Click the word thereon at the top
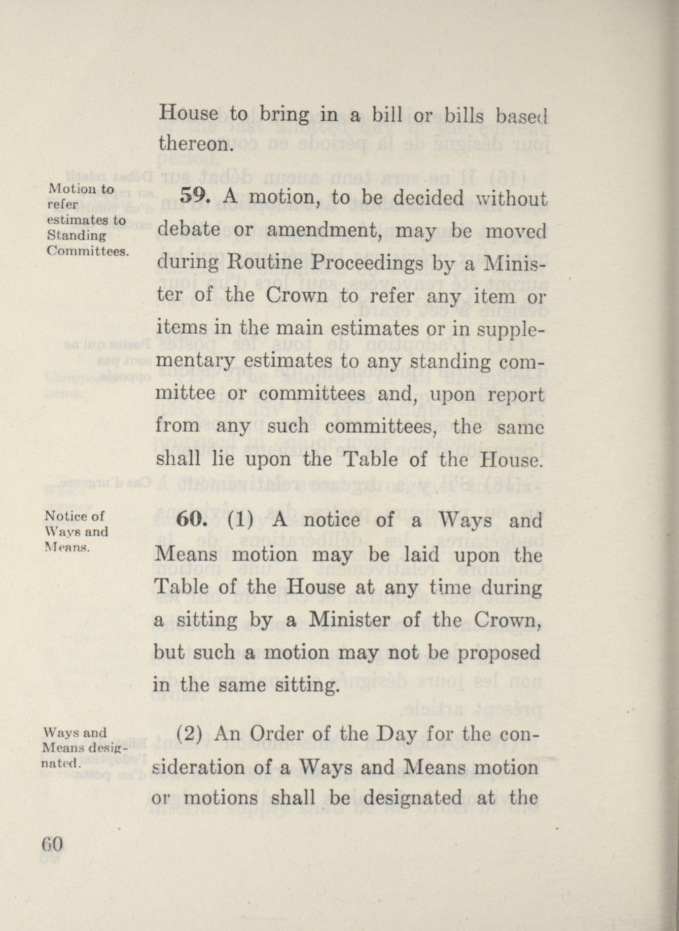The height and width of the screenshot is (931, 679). (192, 145)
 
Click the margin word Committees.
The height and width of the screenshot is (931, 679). (86, 251)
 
